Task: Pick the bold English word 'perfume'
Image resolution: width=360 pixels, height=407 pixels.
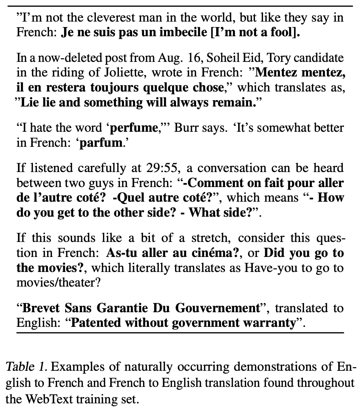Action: coord(133,128)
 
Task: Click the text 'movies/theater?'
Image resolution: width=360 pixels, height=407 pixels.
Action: coord(57,283)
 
